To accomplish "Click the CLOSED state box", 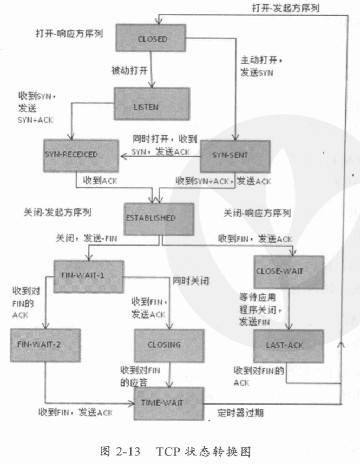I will click(153, 39).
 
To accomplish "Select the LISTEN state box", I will click(152, 107).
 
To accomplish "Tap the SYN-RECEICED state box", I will click(80, 155).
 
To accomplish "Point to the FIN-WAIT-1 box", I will click(89, 275).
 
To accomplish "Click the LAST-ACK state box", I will click(289, 345).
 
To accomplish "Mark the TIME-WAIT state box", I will click(169, 403).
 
